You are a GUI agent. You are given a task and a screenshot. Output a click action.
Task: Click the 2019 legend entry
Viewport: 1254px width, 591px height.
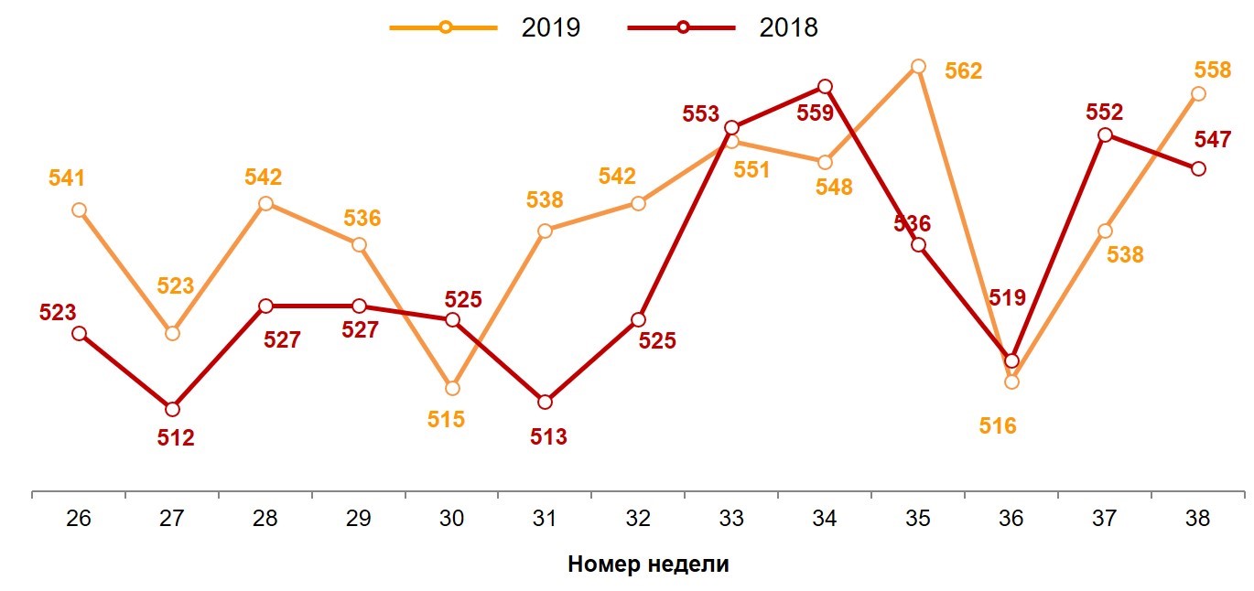point(485,27)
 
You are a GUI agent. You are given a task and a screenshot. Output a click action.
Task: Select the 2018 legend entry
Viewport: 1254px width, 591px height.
point(723,27)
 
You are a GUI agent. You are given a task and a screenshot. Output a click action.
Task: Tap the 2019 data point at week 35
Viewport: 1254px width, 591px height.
point(918,66)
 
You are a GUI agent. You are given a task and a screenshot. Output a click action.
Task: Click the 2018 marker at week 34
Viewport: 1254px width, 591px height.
point(825,86)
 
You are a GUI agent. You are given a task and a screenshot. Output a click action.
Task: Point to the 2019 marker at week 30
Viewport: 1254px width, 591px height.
point(451,388)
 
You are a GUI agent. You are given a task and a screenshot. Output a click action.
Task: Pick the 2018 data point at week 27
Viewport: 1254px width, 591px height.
point(172,408)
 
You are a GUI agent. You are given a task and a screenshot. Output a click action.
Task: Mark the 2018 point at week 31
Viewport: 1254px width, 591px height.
point(545,402)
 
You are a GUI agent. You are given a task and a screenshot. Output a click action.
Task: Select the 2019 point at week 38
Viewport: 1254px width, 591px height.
point(1198,93)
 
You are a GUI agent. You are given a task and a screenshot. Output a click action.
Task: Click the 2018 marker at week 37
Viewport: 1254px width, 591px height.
point(1105,134)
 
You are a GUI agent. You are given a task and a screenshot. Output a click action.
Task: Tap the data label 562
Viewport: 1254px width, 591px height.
point(963,71)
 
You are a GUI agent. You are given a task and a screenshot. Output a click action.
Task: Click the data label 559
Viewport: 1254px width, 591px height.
point(815,113)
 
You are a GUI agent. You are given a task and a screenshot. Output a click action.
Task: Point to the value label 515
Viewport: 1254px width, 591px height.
point(447,419)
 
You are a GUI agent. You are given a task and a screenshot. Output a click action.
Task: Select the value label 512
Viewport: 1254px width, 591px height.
point(176,438)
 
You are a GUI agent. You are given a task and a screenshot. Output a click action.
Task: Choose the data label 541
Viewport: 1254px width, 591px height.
point(66,178)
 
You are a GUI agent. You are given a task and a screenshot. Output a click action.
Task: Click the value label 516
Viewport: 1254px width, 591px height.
point(999,425)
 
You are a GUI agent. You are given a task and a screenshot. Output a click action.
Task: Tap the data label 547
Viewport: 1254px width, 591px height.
point(1214,140)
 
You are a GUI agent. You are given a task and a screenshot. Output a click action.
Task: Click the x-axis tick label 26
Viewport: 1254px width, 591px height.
point(79,519)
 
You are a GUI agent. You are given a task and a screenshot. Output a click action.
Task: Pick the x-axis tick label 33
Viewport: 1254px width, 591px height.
point(731,519)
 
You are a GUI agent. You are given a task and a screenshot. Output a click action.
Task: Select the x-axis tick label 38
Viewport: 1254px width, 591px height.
point(1197,519)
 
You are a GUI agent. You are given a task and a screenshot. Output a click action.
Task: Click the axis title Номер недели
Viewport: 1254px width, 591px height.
point(648,564)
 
